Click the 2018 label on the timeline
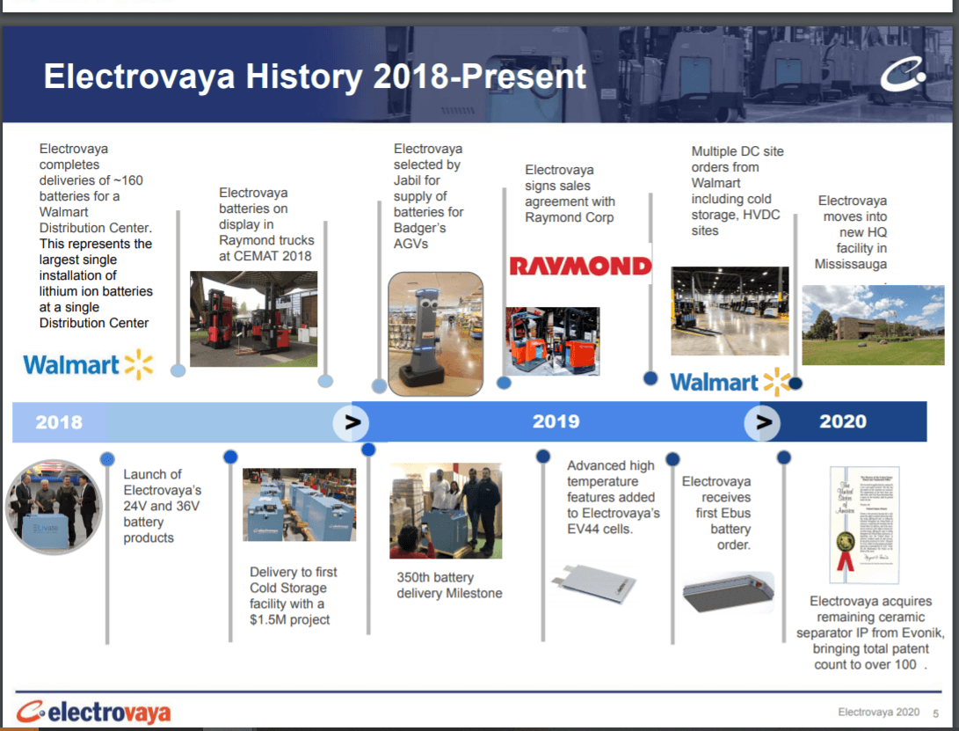pyautogui.click(x=59, y=422)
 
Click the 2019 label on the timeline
pyautogui.click(x=556, y=421)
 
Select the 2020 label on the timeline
pyautogui.click(x=843, y=421)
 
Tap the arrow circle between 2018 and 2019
pyautogui.click(x=351, y=422)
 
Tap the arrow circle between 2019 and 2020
pyautogui.click(x=762, y=422)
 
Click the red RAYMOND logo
pyautogui.click(x=580, y=267)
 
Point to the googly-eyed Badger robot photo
pyautogui.click(x=435, y=333)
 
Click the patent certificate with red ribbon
pyautogui.click(x=864, y=524)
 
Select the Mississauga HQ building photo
pyautogui.click(x=873, y=325)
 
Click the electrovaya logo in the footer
pyautogui.click(x=93, y=712)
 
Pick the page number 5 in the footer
pyautogui.click(x=936, y=713)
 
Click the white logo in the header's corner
pyautogui.click(x=904, y=75)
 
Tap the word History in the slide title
pyautogui.click(x=304, y=77)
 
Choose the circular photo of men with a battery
pyautogui.click(x=54, y=508)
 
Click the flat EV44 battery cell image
pyautogui.click(x=594, y=581)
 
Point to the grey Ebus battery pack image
pyautogui.click(x=728, y=592)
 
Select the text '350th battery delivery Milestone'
pyautogui.click(x=449, y=585)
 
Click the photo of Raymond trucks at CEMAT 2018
pyautogui.click(x=253, y=319)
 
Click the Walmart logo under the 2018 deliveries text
pyautogui.click(x=88, y=365)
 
